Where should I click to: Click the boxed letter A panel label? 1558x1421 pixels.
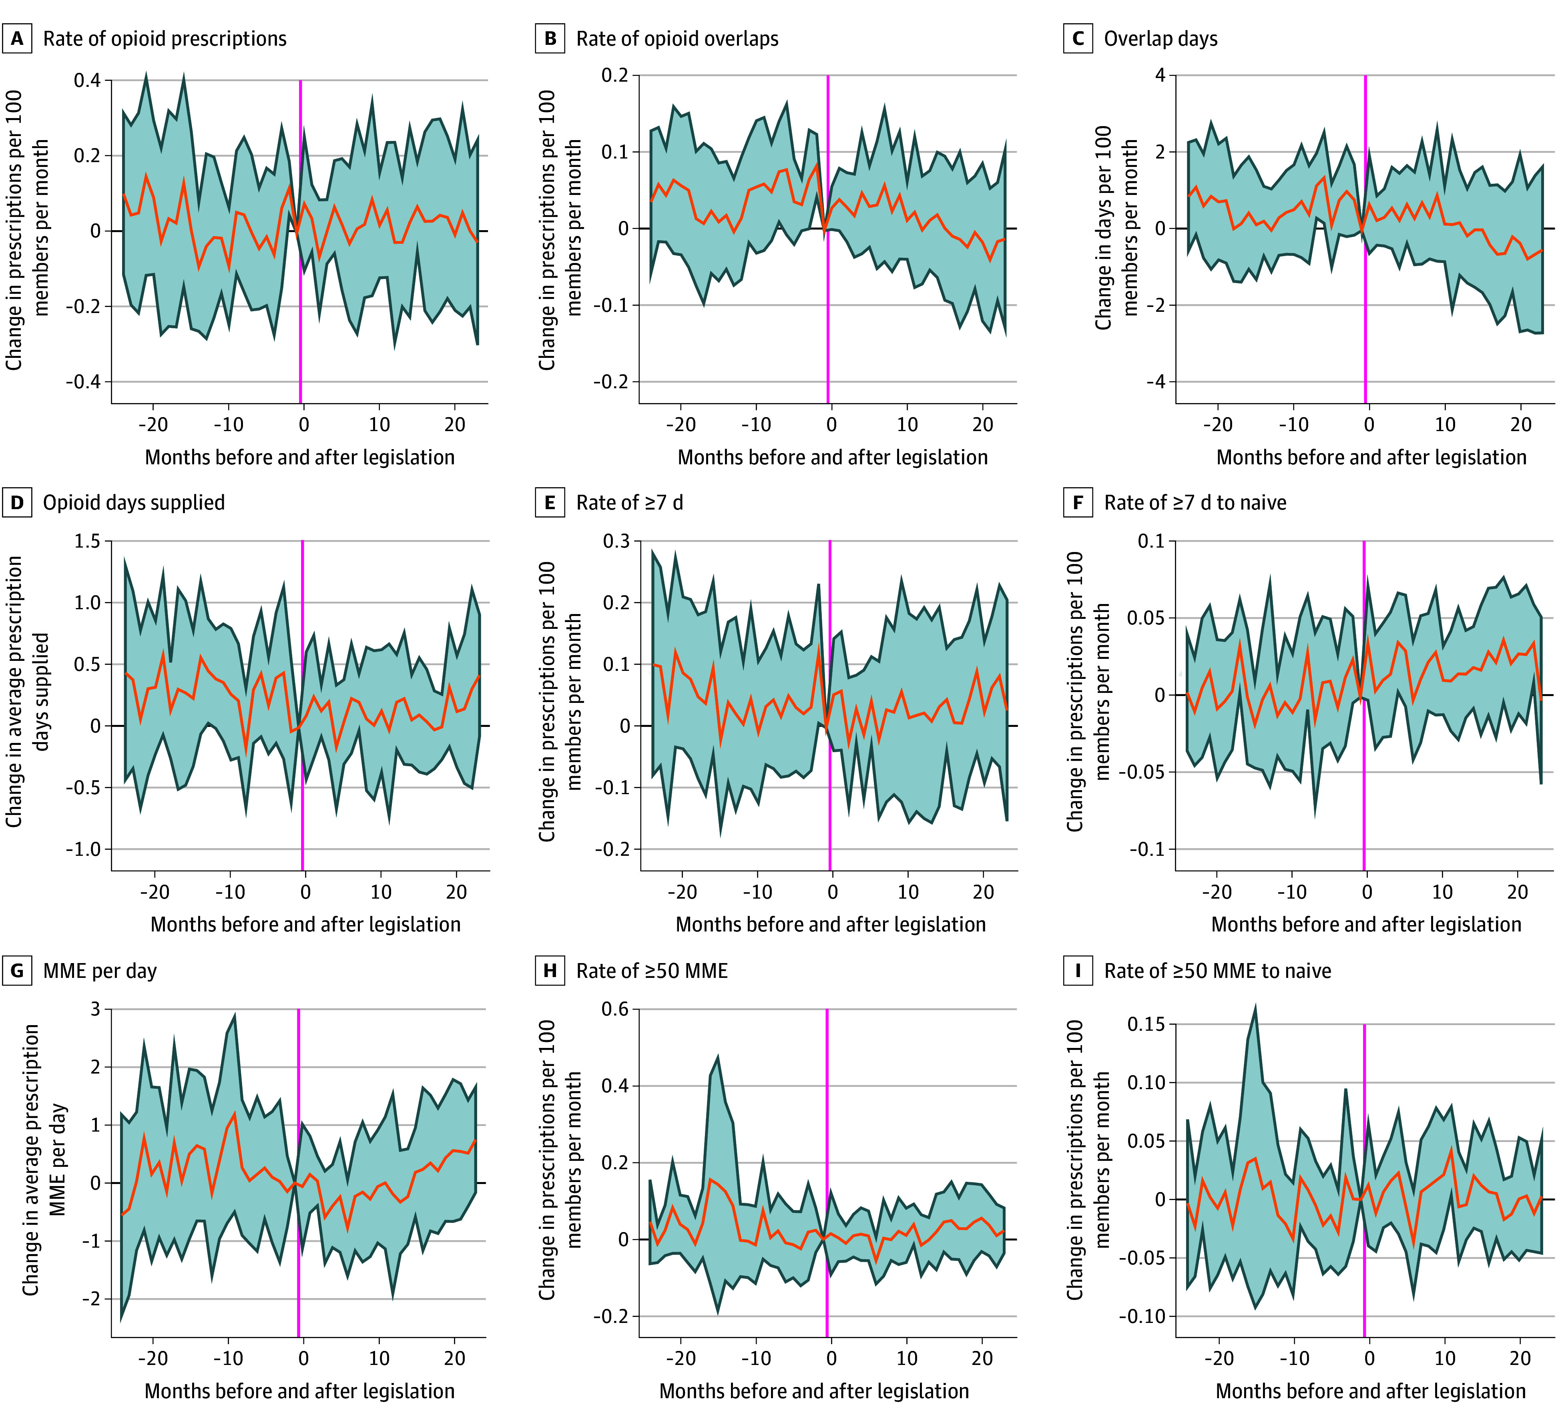point(17,39)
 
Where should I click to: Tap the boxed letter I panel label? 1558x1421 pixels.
point(1078,971)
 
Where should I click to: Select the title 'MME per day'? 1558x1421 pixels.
point(100,971)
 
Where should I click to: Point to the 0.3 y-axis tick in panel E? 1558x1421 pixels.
point(617,541)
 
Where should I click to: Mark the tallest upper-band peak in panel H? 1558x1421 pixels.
point(718,1056)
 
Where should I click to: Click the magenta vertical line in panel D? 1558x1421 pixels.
point(302,705)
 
